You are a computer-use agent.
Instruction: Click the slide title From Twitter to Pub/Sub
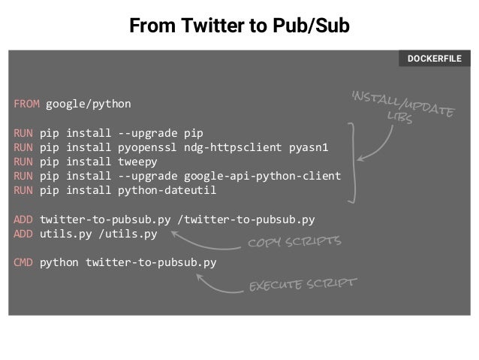pyautogui.click(x=239, y=27)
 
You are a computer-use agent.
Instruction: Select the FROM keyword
pyautogui.click(x=26, y=102)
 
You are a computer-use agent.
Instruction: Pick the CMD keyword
pyautogui.click(x=23, y=263)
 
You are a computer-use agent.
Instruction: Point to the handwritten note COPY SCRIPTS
pyautogui.click(x=294, y=243)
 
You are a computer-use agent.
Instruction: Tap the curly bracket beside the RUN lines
pyautogui.click(x=351, y=159)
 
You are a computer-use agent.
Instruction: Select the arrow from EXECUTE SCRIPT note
pyautogui.click(x=218, y=284)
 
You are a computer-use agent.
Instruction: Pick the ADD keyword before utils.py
pyautogui.click(x=23, y=234)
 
